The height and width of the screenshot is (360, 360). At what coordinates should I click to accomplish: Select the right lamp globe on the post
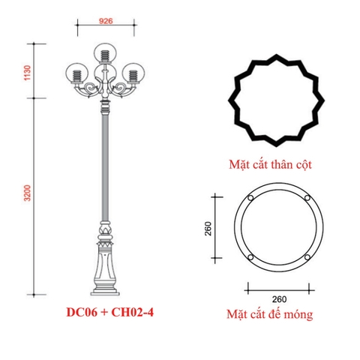[133, 74]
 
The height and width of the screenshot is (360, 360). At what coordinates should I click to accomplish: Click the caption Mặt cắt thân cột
[271, 160]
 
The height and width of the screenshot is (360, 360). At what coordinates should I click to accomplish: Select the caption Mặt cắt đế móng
[270, 315]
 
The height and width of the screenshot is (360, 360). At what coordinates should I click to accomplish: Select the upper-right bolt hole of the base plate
[307, 199]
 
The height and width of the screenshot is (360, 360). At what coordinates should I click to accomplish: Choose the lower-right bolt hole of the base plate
[307, 259]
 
